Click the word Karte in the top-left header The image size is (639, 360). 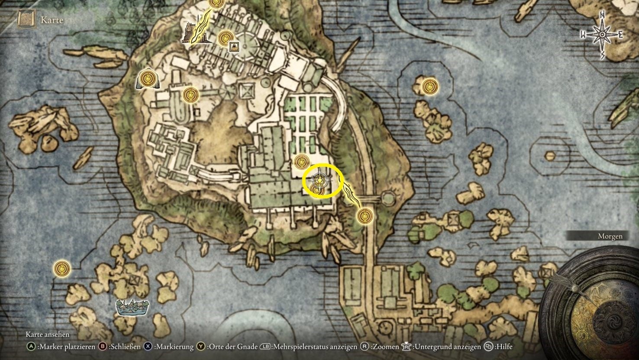[52, 20]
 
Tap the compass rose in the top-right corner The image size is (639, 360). [602, 35]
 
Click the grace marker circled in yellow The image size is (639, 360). [319, 180]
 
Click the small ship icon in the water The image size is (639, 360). [133, 307]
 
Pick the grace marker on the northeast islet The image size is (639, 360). [429, 87]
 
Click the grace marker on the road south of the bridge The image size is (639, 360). [365, 215]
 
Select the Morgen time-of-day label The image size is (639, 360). [610, 236]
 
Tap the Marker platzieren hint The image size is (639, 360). [63, 347]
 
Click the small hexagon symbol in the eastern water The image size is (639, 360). [549, 156]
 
